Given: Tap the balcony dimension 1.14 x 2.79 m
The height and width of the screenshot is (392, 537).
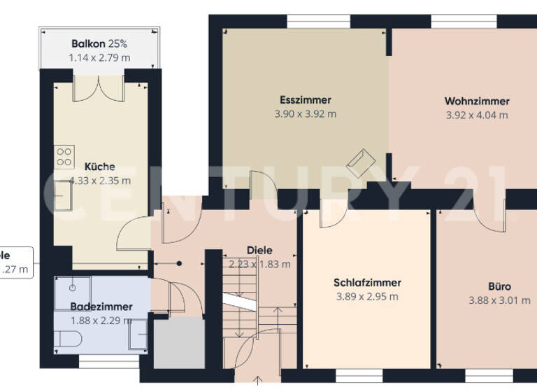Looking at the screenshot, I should coord(99,57).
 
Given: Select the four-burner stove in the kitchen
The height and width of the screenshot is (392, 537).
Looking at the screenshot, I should coord(64,156).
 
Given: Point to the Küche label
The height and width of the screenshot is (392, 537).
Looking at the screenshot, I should coord(99,167).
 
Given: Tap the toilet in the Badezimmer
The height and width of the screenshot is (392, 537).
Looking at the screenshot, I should coord(68,339).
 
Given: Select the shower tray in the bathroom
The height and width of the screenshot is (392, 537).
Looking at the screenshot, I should coord(72,288).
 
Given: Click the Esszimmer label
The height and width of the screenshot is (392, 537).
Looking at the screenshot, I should coord(305,100).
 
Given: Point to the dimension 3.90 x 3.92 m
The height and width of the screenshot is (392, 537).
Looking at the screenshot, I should coord(305,114).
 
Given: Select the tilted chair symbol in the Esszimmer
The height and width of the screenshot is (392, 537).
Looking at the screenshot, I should coord(362,162).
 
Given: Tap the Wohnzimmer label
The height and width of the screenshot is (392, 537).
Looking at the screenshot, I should coord(476,101).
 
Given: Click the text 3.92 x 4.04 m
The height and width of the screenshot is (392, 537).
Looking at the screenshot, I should coord(476,115).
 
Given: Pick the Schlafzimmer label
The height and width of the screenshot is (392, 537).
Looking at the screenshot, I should coord(367,283).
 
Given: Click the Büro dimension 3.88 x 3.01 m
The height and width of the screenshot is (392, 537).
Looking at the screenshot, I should coord(499,300).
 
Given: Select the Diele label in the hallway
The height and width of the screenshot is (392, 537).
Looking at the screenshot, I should coord(259,250).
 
